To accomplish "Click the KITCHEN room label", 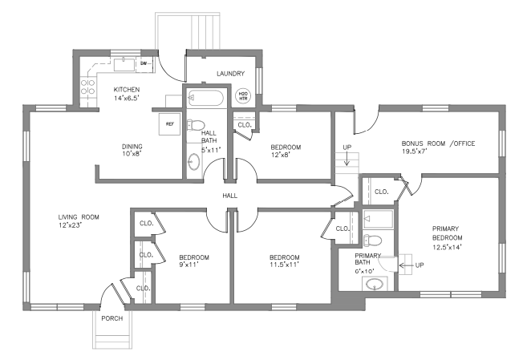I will pyautogui.click(x=127, y=89).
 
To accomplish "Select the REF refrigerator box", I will pyautogui.click(x=170, y=124).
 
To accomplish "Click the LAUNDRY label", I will pyautogui.click(x=230, y=75).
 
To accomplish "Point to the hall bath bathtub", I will pyautogui.click(x=208, y=98).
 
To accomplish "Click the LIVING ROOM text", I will pyautogui.click(x=79, y=216).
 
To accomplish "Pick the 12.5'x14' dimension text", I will pyautogui.click(x=448, y=246).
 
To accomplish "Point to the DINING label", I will pyautogui.click(x=132, y=146).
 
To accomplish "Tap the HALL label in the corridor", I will pyautogui.click(x=231, y=195).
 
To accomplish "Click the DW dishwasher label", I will pyautogui.click(x=144, y=63).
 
